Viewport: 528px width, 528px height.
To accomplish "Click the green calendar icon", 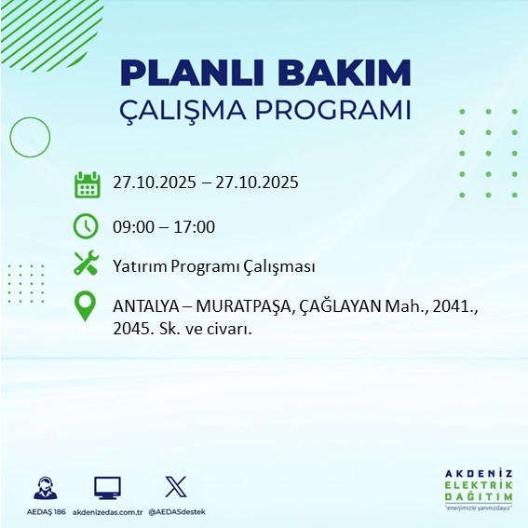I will coord(87,183).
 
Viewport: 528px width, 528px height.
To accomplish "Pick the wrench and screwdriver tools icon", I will coord(87,264).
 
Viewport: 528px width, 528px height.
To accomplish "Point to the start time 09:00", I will coord(132,226).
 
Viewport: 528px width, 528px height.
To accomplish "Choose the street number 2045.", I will coord(132,329).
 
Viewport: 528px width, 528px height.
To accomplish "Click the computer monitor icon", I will coord(107,487).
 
